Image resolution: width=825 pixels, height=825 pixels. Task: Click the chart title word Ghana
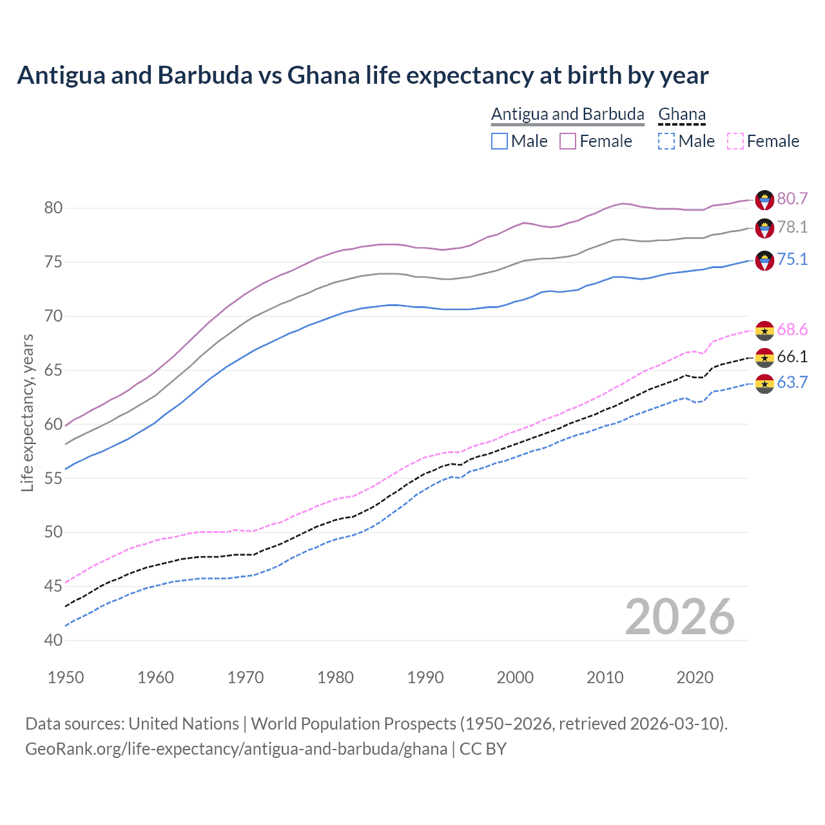coord(323,75)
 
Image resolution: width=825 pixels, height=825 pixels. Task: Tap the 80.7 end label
coord(792,199)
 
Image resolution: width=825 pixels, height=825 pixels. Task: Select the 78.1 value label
coord(792,227)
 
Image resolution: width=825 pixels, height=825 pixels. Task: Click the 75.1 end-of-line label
coord(792,259)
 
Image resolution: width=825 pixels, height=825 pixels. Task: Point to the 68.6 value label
coord(792,330)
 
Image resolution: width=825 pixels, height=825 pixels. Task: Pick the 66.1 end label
coord(792,356)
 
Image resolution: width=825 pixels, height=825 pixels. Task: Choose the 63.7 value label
coord(792,382)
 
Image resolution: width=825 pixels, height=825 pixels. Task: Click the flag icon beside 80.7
coord(764,200)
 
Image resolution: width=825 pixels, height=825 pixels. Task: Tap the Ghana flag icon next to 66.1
coord(764,357)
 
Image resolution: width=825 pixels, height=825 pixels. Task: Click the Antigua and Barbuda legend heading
coord(567,114)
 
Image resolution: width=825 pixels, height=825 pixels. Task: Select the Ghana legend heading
coord(682,114)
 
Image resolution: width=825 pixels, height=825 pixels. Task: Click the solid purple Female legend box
coord(567,141)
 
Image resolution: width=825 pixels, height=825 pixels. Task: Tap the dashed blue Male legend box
coord(666,141)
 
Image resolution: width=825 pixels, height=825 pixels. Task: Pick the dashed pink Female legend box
coord(735,141)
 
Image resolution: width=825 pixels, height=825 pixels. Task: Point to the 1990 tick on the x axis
coord(425,677)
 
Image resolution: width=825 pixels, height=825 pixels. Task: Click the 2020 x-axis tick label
coord(695,677)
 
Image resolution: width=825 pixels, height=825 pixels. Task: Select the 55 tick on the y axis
coord(53,478)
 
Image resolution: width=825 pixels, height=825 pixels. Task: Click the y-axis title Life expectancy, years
coord(28,412)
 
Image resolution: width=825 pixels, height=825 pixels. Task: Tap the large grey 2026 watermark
coord(680,617)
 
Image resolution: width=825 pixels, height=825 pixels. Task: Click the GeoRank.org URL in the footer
coord(236,749)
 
